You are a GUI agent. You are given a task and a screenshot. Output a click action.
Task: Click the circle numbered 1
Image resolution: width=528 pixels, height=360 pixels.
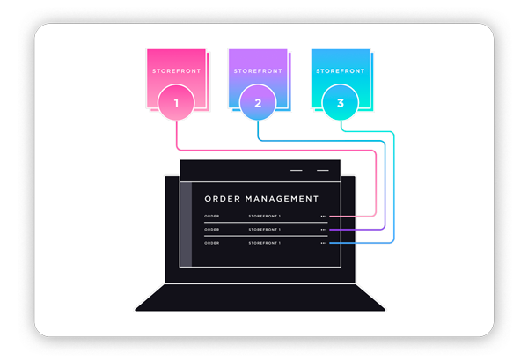pos(176,104)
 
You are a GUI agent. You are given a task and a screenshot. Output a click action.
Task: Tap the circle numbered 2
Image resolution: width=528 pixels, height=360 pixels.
pos(258,104)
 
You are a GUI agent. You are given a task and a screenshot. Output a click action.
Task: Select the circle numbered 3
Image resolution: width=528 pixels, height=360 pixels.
pos(340,104)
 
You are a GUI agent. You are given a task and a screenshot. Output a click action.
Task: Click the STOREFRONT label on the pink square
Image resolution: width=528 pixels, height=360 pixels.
pos(176,70)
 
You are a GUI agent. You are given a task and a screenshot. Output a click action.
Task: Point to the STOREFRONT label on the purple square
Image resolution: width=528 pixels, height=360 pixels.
pos(258,70)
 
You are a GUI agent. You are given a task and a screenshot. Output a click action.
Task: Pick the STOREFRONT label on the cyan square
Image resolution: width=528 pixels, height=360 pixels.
pos(340,70)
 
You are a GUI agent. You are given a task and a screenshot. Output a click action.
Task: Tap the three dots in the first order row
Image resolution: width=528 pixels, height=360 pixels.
pos(324,216)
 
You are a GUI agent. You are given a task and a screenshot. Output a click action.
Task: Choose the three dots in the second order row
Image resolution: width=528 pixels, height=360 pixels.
pos(324,229)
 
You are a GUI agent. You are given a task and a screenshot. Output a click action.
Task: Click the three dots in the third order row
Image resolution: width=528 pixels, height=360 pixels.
pos(324,242)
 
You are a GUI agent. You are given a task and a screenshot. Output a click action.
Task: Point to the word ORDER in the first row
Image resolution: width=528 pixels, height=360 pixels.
pos(212,216)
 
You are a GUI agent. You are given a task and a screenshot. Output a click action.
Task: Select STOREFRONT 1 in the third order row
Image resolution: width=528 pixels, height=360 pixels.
pos(264,242)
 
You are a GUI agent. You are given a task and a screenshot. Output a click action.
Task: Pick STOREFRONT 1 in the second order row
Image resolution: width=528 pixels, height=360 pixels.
pos(264,229)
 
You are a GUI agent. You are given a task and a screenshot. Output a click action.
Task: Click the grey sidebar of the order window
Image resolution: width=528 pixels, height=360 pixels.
pos(186,224)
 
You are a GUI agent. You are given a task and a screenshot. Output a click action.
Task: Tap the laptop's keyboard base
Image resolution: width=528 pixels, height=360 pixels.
pos(260,298)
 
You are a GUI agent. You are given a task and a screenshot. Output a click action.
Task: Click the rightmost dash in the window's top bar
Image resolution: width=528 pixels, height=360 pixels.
pos(323,170)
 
